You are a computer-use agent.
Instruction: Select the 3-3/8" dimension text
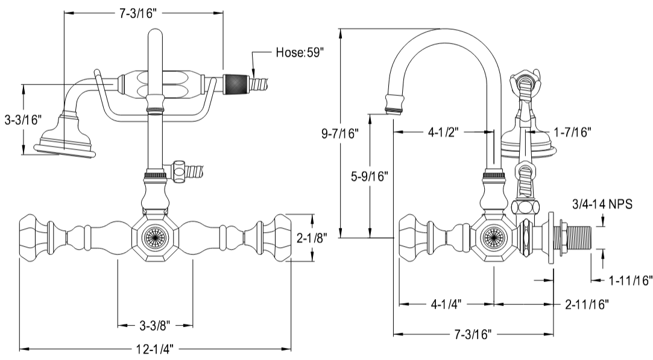coord(155,326)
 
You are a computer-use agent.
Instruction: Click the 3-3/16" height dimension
coord(22,120)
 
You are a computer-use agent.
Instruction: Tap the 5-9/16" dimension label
coord(370,177)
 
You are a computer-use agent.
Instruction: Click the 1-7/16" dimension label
coord(572,130)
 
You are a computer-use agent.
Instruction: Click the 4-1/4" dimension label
coord(446,305)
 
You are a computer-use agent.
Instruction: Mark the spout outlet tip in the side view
coord(394,107)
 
